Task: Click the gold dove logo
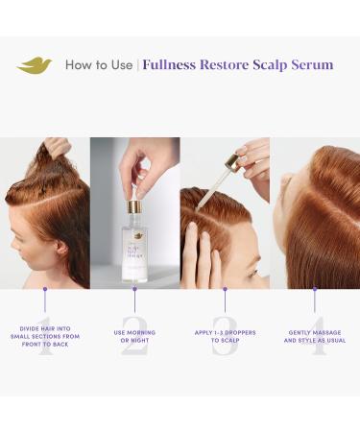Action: coord(35,65)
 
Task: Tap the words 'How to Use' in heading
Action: coord(99,65)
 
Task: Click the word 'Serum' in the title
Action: coord(309,65)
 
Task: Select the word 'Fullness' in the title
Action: coord(172,65)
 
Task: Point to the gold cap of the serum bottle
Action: coord(134,204)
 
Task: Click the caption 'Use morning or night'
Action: coord(134,337)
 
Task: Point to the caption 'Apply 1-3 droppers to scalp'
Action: coord(224,337)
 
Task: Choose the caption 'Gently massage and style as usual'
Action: coord(314,337)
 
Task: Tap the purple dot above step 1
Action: coord(44,289)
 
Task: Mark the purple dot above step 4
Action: coord(314,289)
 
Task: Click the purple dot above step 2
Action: coord(134,289)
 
